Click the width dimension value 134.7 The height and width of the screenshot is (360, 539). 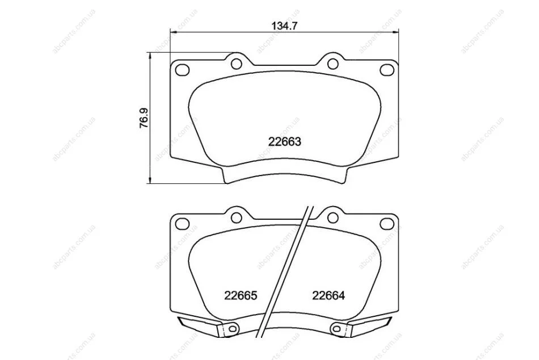(x=284, y=26)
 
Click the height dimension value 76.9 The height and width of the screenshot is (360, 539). (x=144, y=119)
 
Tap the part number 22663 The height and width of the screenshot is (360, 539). (x=285, y=141)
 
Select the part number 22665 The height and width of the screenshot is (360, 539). (x=241, y=295)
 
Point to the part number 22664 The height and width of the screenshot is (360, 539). (x=329, y=295)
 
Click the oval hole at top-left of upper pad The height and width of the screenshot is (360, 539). (x=182, y=70)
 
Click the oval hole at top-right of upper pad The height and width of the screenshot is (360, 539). (x=387, y=70)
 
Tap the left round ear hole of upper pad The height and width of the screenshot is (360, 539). (x=236, y=64)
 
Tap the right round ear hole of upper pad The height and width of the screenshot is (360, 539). (x=332, y=64)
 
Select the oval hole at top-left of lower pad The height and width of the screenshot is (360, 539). (x=182, y=224)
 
